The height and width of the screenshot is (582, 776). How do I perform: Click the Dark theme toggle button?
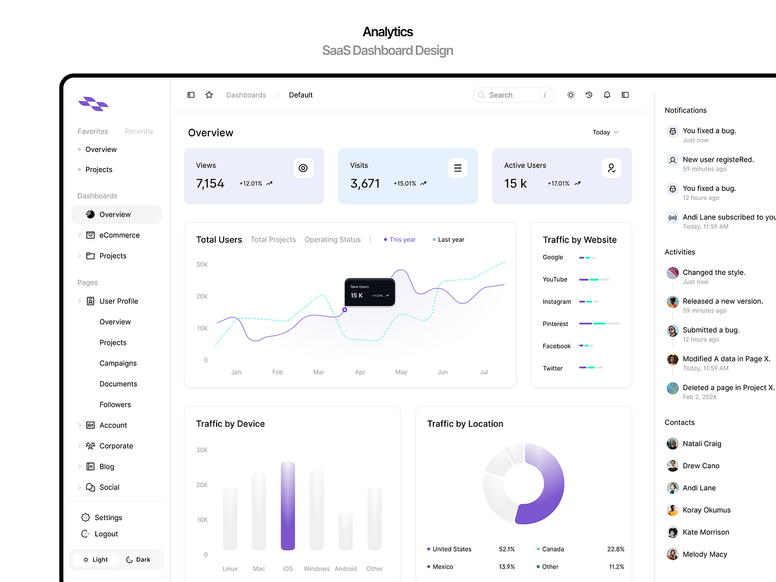click(x=138, y=559)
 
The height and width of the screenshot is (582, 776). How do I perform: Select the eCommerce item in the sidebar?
click(x=119, y=235)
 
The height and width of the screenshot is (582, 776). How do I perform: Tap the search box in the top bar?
click(x=513, y=95)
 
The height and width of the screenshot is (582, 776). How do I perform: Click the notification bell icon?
click(x=607, y=95)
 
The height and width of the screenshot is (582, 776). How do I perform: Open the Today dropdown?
click(x=605, y=132)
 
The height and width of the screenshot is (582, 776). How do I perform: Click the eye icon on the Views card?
click(x=303, y=168)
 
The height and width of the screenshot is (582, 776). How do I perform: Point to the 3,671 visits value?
click(x=365, y=184)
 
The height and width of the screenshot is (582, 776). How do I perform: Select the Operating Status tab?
click(x=332, y=240)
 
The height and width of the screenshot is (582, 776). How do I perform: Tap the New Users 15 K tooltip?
click(x=369, y=292)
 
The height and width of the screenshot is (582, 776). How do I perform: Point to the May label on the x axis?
click(x=401, y=372)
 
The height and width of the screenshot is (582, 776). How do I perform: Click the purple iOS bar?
click(x=288, y=506)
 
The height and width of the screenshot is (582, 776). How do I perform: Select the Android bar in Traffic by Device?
click(x=345, y=532)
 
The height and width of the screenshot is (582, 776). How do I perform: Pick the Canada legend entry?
click(x=553, y=549)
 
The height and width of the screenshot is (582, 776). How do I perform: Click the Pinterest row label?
click(x=555, y=324)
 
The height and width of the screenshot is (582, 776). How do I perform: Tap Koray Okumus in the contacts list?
click(x=706, y=510)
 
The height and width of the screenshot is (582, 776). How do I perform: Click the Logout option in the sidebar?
click(x=106, y=534)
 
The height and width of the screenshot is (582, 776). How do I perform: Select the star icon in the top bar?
click(x=209, y=95)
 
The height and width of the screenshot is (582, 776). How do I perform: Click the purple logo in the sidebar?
click(x=93, y=103)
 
